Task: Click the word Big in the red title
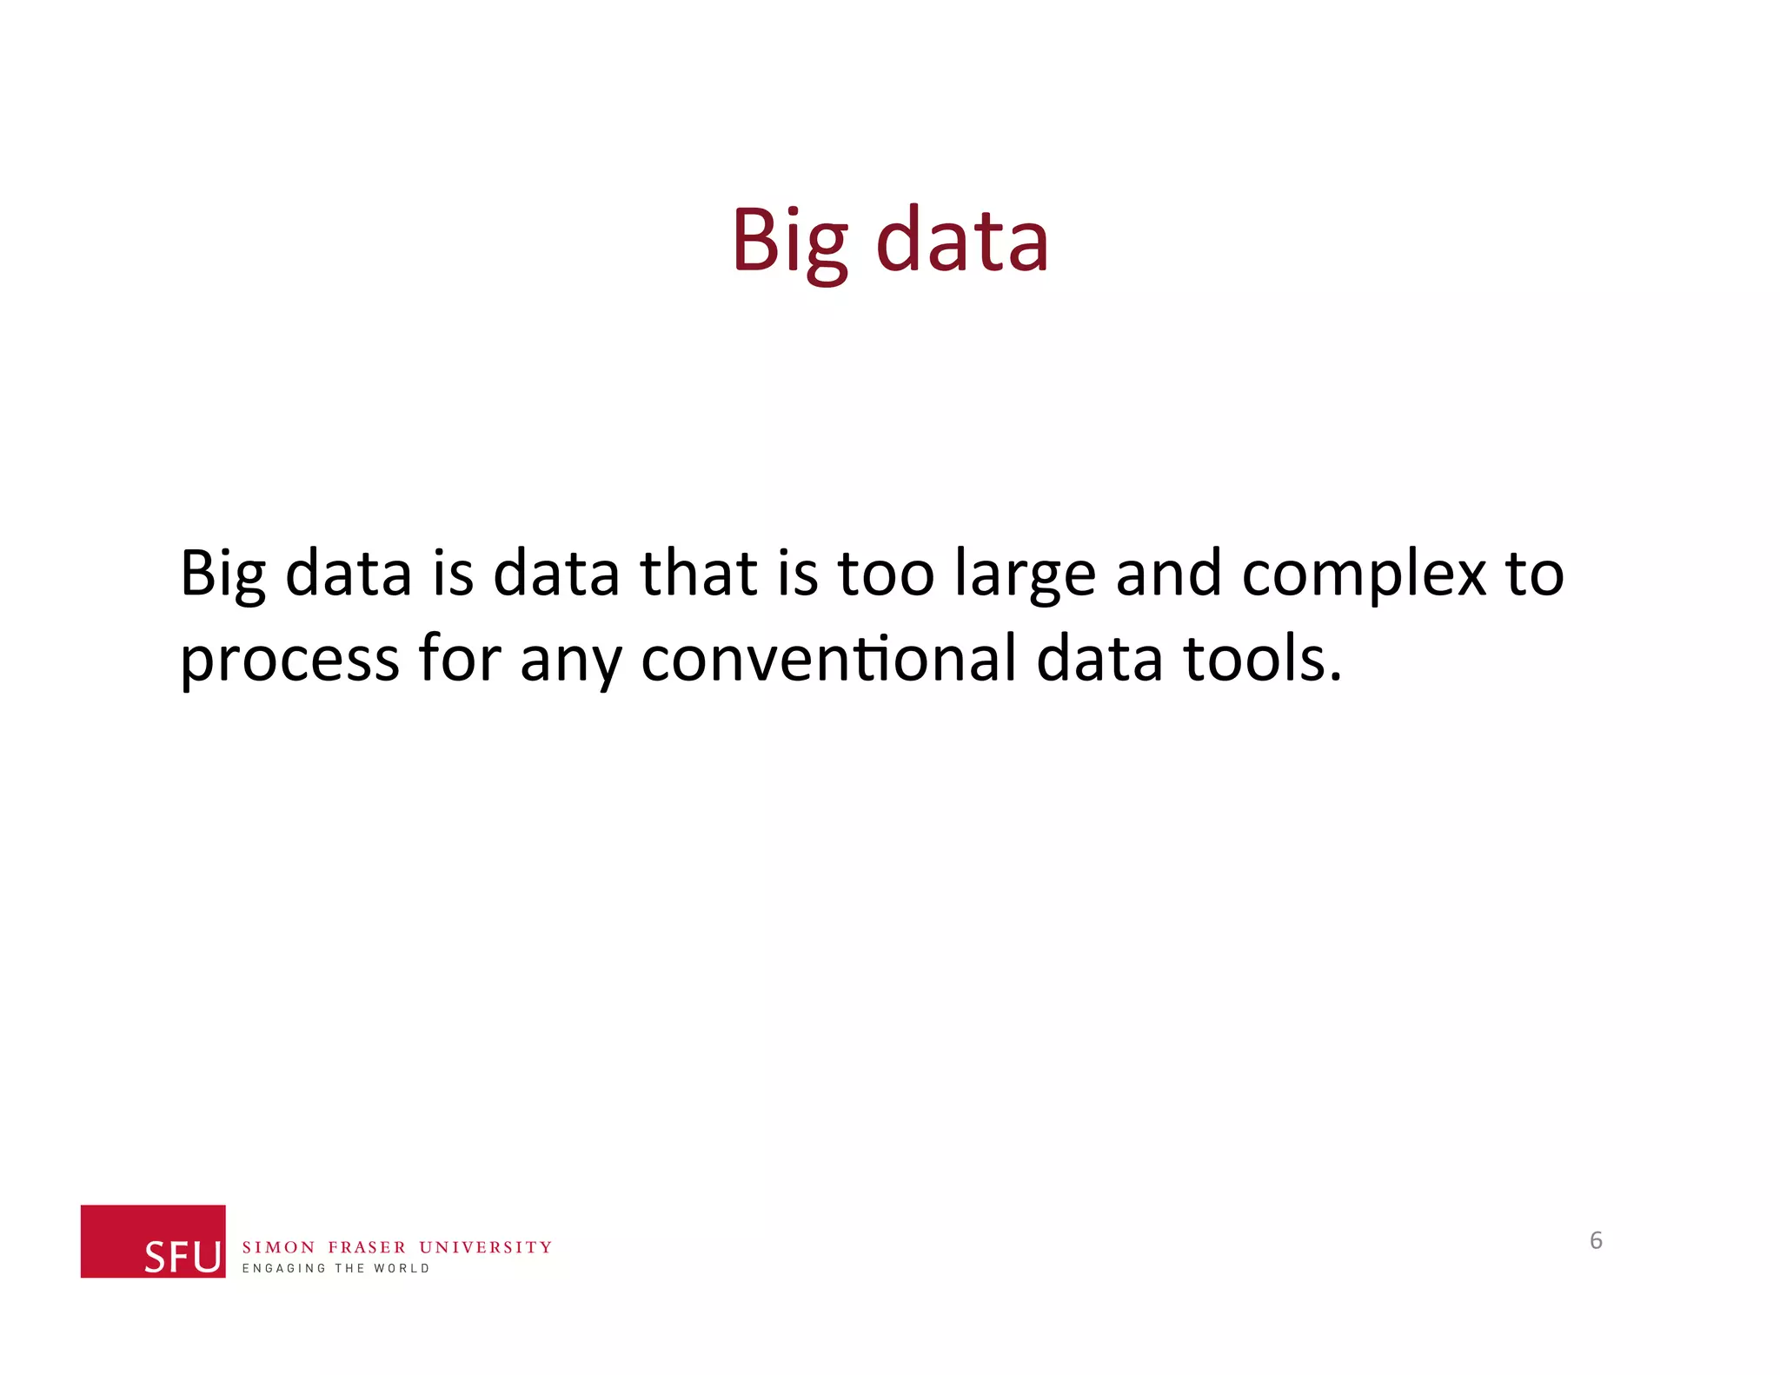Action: (x=789, y=242)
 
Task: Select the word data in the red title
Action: (x=962, y=240)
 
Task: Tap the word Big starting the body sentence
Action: (x=222, y=575)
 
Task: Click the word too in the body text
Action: (x=886, y=574)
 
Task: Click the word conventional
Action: (x=828, y=658)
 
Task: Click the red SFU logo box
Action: (x=153, y=1240)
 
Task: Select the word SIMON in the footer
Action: (x=278, y=1247)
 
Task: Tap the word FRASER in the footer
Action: (x=367, y=1247)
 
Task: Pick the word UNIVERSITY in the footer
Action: (x=485, y=1247)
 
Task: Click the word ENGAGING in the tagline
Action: (x=283, y=1268)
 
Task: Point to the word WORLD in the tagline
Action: (x=402, y=1268)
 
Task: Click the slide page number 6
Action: (x=1596, y=1240)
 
